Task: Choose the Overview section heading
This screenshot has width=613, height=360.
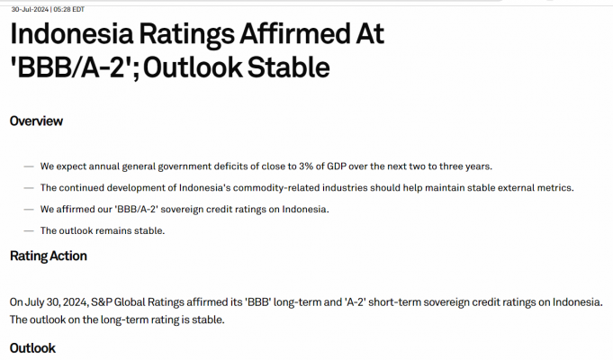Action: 36,121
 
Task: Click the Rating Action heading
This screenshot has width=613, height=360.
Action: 49,256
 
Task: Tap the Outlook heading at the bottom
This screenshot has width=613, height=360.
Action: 32,347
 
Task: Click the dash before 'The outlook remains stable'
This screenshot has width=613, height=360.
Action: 29,231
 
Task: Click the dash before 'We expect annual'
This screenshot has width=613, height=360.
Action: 29,166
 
